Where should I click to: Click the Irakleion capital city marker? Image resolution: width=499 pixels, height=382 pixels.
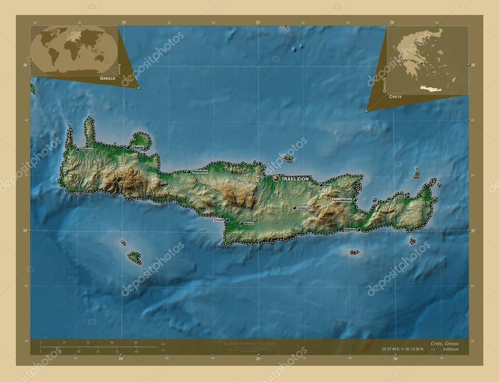click(x=276, y=179)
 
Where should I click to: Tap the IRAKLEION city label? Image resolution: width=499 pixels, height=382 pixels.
click(x=295, y=179)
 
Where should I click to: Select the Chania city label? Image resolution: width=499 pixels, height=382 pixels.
click(x=137, y=147)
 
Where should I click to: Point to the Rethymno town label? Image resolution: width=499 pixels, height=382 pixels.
click(x=200, y=172)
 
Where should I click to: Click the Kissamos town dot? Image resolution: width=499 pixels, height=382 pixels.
click(x=77, y=149)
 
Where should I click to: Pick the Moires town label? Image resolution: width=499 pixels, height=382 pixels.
click(x=249, y=223)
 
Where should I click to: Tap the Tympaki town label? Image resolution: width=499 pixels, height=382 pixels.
click(x=218, y=220)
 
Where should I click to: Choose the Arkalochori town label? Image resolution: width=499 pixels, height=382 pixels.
click(x=306, y=208)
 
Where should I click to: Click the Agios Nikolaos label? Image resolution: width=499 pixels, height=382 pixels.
click(x=342, y=200)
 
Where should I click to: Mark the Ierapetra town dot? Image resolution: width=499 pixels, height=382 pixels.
click(x=359, y=229)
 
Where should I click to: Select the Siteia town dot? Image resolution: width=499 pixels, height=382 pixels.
click(x=407, y=197)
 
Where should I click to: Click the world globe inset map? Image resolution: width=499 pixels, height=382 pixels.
click(x=74, y=50)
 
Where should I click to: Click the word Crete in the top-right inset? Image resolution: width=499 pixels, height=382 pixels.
click(x=396, y=97)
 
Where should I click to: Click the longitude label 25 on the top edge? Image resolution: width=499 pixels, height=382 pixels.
click(x=258, y=22)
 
